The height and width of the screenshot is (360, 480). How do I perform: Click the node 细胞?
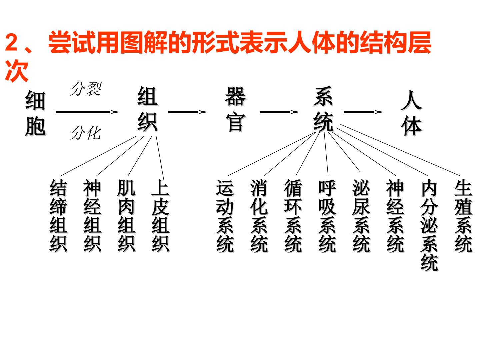coord(35,113)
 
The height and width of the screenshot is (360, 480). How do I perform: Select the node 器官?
coord(235,109)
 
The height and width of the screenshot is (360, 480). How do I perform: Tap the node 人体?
coord(411,113)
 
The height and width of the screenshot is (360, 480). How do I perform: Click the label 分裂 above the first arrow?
coord(86,89)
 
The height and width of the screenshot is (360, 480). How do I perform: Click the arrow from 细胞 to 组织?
coord(88,112)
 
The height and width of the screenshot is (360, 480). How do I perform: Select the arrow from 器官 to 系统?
coord(279,112)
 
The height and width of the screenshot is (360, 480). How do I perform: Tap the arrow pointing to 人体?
coord(363,112)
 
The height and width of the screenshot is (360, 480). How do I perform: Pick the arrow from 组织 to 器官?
coord(188,112)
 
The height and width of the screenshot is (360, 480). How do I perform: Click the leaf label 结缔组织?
coord(58,216)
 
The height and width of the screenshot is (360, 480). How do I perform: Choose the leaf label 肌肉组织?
coord(127,216)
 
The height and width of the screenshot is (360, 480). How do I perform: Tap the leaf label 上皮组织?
coord(161,216)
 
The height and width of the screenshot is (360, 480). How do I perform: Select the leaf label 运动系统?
coord(225,216)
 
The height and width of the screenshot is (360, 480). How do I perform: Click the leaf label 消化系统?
coord(259,216)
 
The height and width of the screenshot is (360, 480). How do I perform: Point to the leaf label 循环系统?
coord(293,216)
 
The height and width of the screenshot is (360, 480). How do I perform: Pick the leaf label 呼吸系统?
coord(327,216)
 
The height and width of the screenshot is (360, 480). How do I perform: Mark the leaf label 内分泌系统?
coord(429,225)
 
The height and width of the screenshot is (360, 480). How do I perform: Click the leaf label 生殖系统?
coord(463,216)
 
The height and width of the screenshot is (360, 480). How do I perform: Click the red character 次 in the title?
coord(17,71)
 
